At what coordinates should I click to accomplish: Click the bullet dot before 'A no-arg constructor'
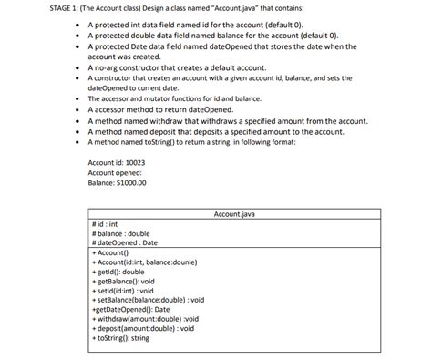(80, 67)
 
